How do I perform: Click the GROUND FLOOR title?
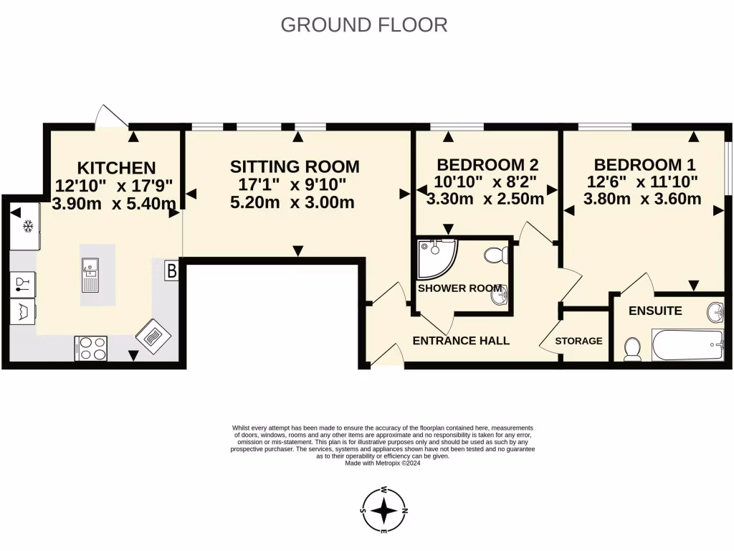click(x=364, y=24)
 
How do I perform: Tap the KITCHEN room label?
click(x=116, y=168)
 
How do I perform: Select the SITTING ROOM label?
click(x=295, y=166)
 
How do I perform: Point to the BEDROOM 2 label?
click(x=487, y=164)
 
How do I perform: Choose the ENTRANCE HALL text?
click(x=461, y=340)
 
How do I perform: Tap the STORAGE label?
click(x=578, y=341)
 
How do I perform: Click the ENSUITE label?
click(x=655, y=311)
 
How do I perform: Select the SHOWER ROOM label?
click(x=460, y=288)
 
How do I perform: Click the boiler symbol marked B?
click(x=171, y=271)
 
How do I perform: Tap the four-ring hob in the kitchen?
click(x=91, y=348)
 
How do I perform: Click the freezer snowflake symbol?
click(x=29, y=227)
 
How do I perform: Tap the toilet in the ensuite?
click(x=632, y=349)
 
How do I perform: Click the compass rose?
click(x=384, y=510)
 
